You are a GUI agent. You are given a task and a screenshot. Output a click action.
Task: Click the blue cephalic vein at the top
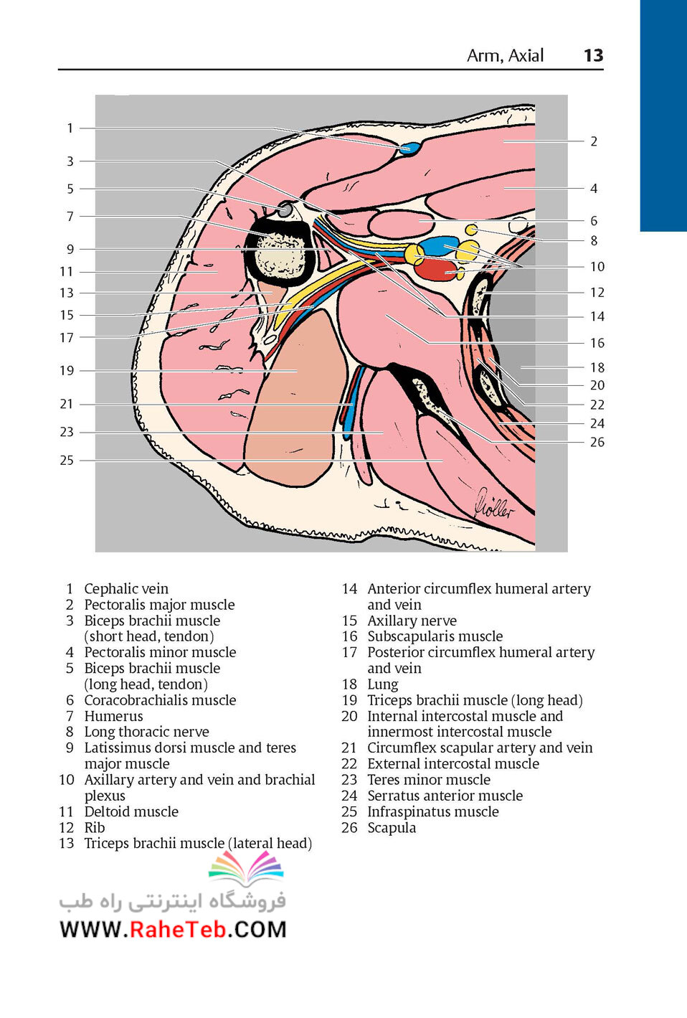410,149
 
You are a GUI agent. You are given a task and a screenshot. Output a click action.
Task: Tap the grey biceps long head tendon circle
285,209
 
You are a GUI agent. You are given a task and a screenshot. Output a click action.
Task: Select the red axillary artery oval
436,270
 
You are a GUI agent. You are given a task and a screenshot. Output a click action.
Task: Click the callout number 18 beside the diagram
597,367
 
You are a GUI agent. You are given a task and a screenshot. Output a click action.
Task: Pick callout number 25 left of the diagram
67,461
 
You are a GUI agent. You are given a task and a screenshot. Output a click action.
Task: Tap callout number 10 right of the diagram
597,266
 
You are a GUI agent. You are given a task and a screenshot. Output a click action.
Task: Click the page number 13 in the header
593,55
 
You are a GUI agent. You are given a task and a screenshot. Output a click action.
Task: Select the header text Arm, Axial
506,56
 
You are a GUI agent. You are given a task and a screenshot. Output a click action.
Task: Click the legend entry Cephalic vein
126,589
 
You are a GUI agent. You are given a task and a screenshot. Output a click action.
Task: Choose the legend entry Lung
382,684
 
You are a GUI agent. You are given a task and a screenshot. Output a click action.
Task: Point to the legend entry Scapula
392,828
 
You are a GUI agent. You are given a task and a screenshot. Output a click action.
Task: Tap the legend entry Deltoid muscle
131,811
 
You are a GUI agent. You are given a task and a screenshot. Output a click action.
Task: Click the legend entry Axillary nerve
412,621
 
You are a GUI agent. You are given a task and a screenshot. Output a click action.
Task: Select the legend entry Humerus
113,716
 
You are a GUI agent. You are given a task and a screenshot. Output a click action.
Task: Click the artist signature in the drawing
494,504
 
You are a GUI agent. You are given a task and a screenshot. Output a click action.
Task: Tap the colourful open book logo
246,867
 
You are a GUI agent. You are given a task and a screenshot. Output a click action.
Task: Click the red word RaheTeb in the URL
178,929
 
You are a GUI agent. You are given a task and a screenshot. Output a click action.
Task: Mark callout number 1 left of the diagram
70,128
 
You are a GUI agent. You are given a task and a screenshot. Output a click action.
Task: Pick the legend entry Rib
95,828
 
